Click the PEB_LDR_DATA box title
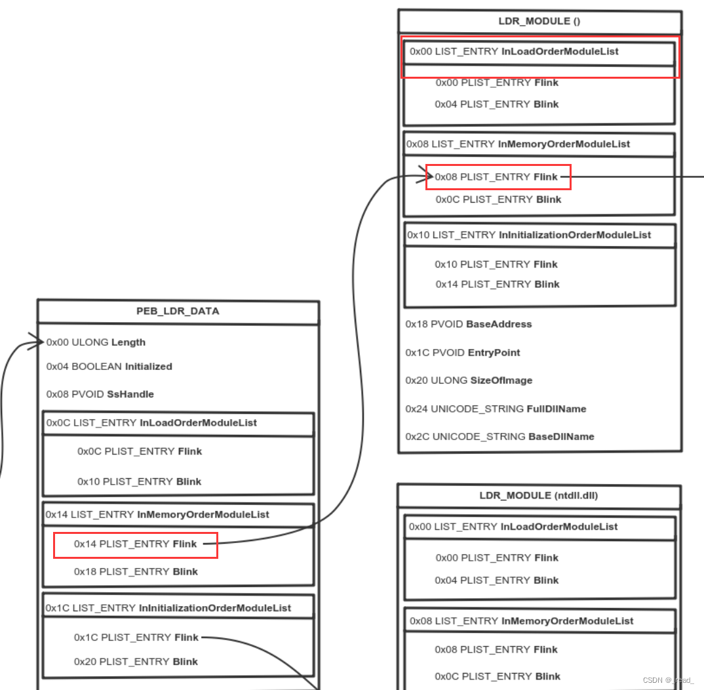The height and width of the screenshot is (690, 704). pos(178,312)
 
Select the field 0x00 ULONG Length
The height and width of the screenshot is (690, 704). pos(96,342)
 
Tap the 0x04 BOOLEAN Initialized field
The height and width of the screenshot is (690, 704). pos(109,367)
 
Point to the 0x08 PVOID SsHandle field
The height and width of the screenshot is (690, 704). pos(100,394)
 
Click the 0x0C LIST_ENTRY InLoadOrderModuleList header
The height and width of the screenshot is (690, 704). pos(151,423)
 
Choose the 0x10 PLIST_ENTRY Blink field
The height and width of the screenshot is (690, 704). pos(139,481)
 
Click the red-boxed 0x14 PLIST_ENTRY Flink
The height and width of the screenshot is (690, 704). pos(135,544)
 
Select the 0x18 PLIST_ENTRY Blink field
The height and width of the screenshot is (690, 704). pos(136,572)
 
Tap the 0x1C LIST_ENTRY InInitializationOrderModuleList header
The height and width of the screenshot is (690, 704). pos(168,608)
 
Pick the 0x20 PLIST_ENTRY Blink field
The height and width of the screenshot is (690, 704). pos(136,662)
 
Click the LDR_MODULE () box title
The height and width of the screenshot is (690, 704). pos(539,21)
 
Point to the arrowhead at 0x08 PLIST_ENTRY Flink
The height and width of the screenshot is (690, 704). pos(429,176)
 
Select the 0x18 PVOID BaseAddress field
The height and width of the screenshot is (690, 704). pos(469,324)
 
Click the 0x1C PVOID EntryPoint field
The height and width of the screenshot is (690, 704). pos(463,353)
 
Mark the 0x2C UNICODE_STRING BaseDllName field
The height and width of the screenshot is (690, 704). pos(499,437)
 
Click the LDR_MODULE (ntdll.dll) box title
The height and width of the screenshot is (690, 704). pos(539,496)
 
